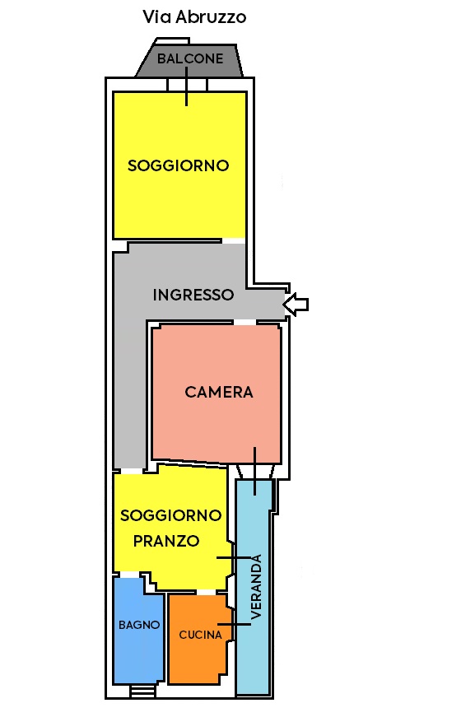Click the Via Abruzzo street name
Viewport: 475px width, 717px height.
tap(194, 17)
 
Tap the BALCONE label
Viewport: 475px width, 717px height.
tap(190, 58)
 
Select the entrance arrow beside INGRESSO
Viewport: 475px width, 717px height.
tap(296, 304)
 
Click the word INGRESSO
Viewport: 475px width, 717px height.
tap(193, 295)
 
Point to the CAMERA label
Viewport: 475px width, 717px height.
tap(218, 392)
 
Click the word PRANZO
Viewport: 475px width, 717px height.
tap(166, 541)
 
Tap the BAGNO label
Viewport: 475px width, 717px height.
tap(139, 625)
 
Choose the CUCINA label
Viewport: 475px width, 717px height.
tap(200, 635)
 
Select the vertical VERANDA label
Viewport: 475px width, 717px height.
tap(256, 587)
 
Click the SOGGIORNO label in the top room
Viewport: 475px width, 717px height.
tap(179, 165)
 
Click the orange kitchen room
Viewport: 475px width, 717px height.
tap(198, 639)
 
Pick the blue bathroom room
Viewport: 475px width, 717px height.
tap(138, 631)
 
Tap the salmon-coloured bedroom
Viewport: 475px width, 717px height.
tap(217, 393)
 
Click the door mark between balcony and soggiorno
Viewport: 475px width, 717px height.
tap(187, 86)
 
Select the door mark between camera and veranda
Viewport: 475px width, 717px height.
tap(255, 472)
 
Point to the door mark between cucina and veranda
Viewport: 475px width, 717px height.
tap(234, 624)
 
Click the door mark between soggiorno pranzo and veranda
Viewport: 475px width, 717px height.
tap(234, 558)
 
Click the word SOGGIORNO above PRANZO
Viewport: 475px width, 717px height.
tap(171, 515)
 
